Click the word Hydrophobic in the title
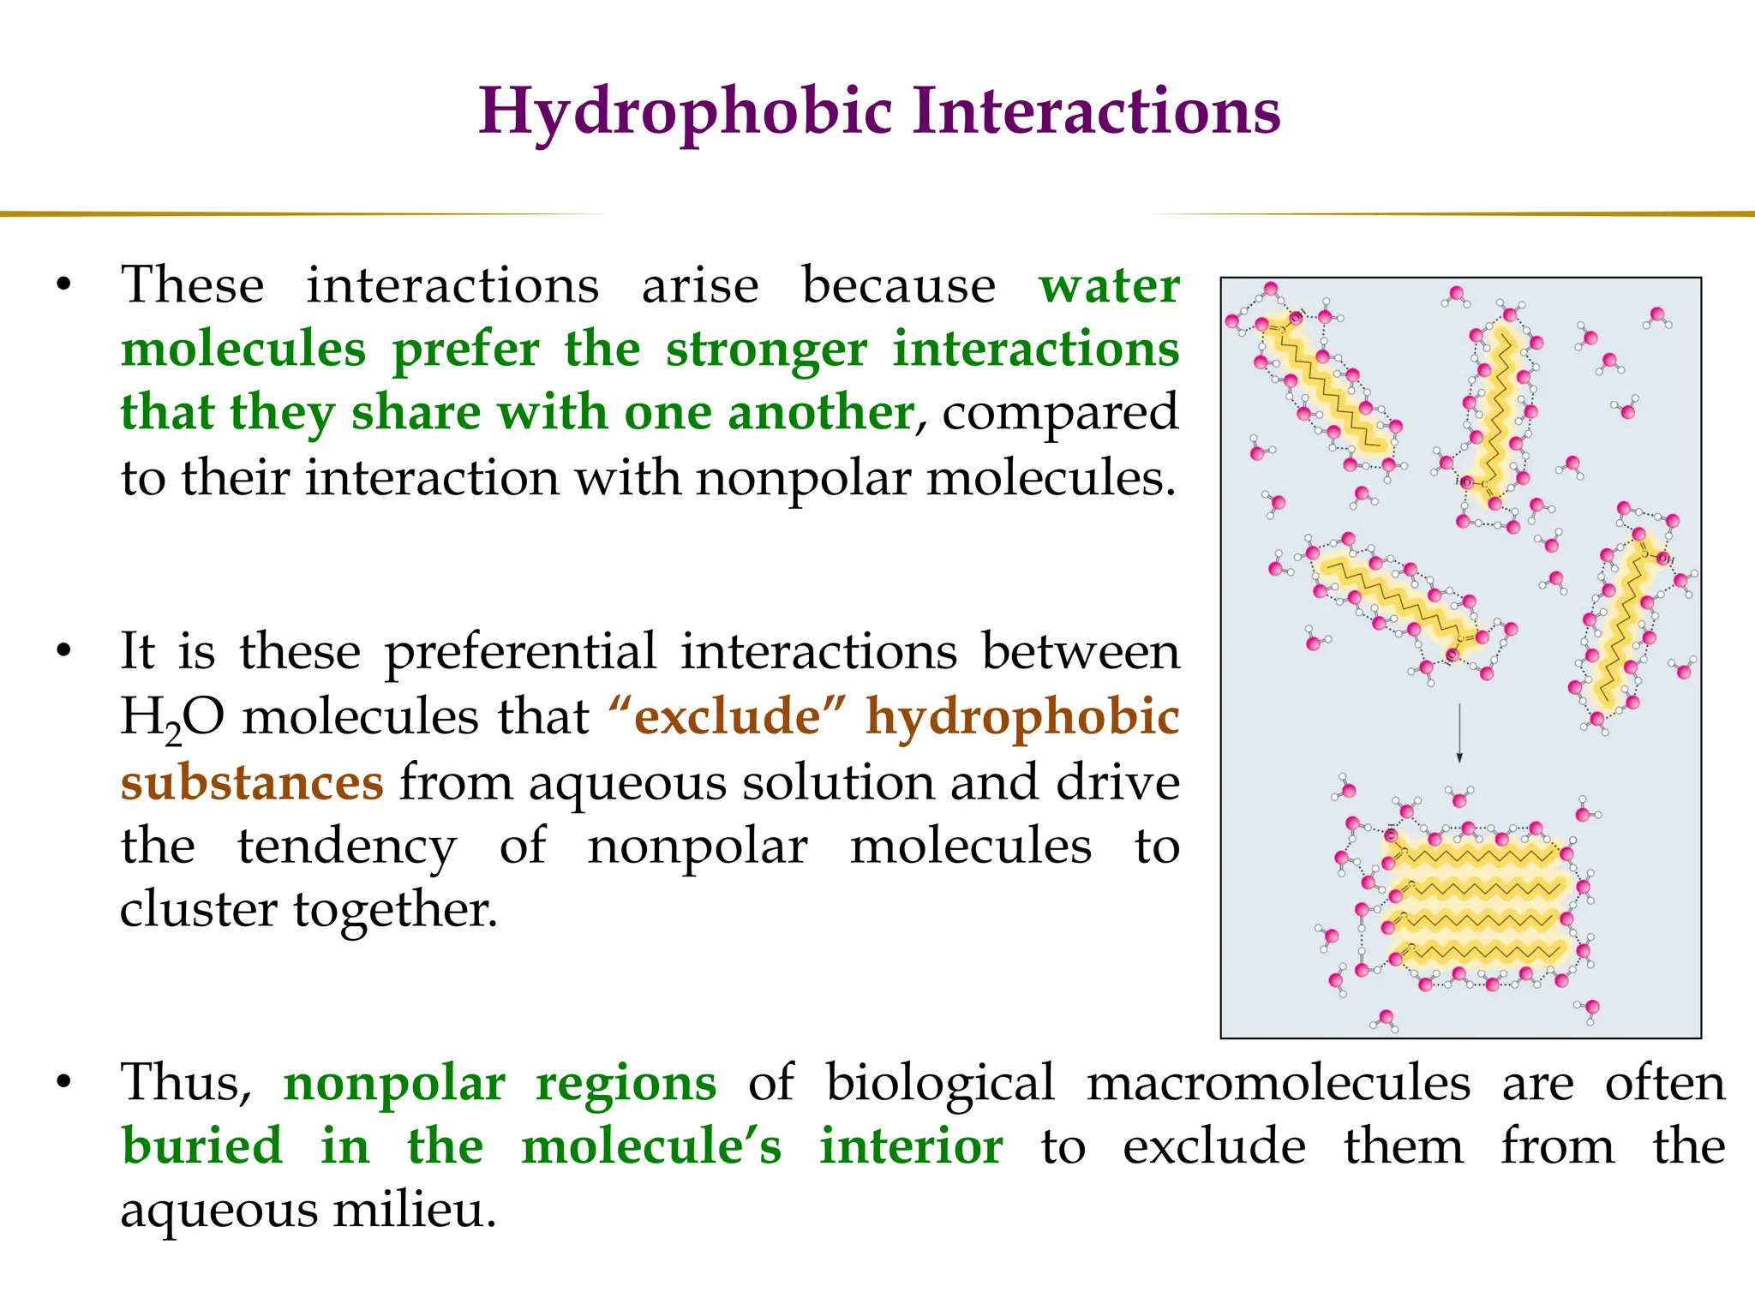tap(686, 112)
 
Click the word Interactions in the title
tap(1096, 112)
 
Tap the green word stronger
tap(766, 350)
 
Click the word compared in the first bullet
tap(1060, 413)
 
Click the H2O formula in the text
tap(172, 718)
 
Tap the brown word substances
tap(252, 783)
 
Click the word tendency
tap(347, 847)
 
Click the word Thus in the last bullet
tap(185, 1083)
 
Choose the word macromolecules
tap(1278, 1083)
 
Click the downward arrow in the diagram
tap(1459, 733)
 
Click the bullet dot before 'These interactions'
tap(63, 285)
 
